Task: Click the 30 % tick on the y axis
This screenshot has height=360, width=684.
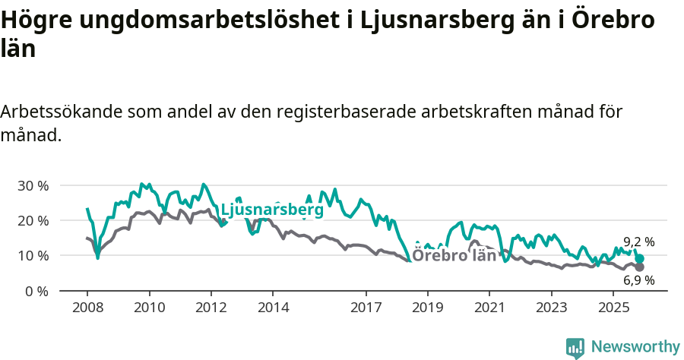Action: pyautogui.click(x=33, y=185)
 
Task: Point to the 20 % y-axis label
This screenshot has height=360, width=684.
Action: pyautogui.click(x=33, y=220)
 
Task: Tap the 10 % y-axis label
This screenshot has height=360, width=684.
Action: pyautogui.click(x=33, y=255)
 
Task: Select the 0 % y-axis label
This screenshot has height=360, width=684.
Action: pyautogui.click(x=36, y=291)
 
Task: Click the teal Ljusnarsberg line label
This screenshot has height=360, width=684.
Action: pyautogui.click(x=271, y=209)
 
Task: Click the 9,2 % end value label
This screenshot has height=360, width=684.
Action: pyautogui.click(x=639, y=242)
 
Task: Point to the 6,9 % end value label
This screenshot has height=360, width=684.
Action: pyautogui.click(x=639, y=280)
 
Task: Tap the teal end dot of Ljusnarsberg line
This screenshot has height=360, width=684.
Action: pyautogui.click(x=640, y=259)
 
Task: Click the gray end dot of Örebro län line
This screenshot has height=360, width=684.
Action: pyautogui.click(x=640, y=267)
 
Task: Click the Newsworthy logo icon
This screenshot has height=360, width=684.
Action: pyautogui.click(x=575, y=348)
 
